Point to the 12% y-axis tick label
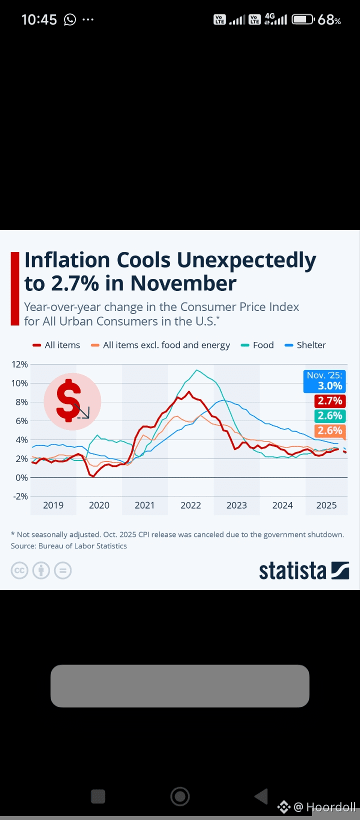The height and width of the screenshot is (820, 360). pyautogui.click(x=19, y=364)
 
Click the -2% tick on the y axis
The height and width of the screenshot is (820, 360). pyautogui.click(x=19, y=496)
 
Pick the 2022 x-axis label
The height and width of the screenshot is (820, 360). pyautogui.click(x=190, y=505)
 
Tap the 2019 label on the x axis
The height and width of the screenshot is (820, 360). pyautogui.click(x=53, y=505)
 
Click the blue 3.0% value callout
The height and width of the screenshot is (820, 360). pyautogui.click(x=325, y=381)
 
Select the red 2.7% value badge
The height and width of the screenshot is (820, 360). pyautogui.click(x=330, y=401)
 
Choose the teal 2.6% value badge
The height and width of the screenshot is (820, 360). pyautogui.click(x=330, y=416)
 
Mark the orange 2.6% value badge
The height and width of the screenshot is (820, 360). pyautogui.click(x=330, y=431)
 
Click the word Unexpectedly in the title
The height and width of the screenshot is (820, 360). pyautogui.click(x=246, y=260)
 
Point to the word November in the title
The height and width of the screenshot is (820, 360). pyautogui.click(x=183, y=283)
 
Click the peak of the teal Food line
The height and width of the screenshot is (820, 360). pyautogui.click(x=197, y=370)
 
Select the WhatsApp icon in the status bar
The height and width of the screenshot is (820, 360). pyautogui.click(x=70, y=19)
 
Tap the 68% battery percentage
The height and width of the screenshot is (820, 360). pyautogui.click(x=329, y=19)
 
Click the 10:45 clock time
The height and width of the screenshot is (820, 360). pyautogui.click(x=39, y=19)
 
